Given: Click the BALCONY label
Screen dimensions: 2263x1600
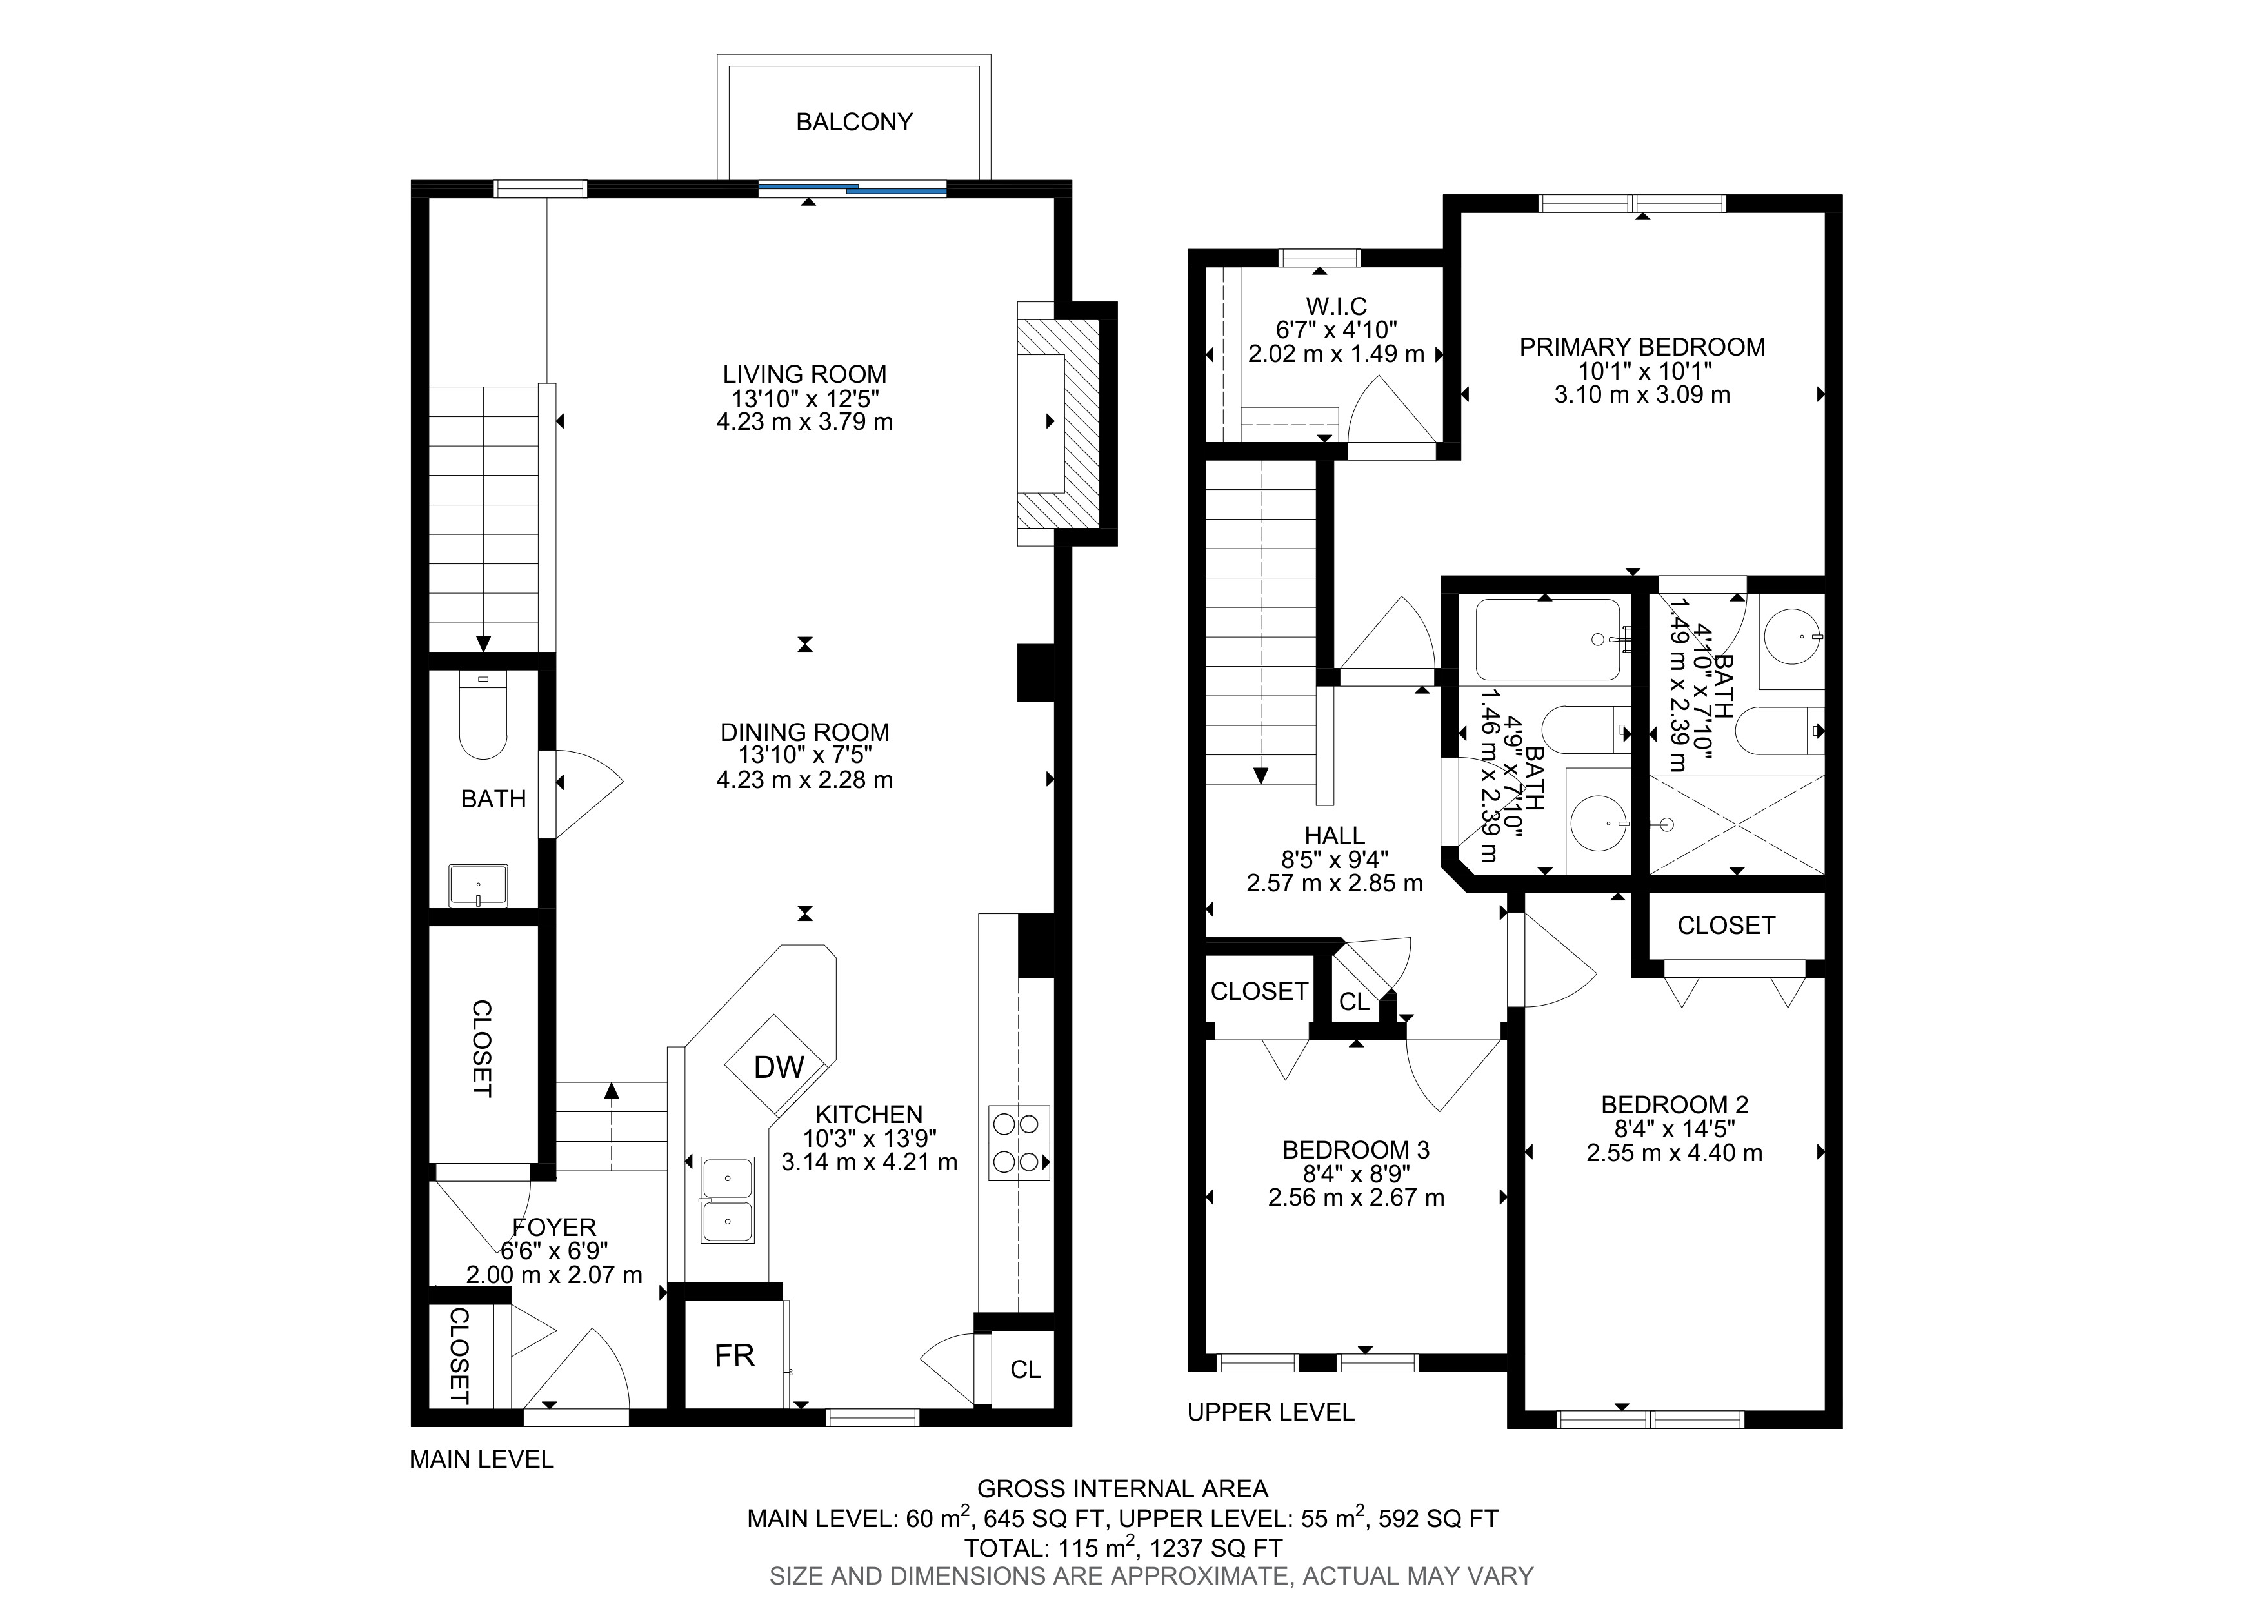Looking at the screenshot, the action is point(853,121).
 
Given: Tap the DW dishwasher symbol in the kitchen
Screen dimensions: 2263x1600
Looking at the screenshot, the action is point(779,1065).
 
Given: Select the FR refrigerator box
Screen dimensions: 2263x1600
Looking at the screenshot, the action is point(734,1355).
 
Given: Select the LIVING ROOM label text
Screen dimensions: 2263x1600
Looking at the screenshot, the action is point(804,374).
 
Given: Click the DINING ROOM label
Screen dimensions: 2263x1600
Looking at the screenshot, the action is point(804,733).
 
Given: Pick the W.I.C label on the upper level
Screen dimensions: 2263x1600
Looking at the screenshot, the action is point(1337,307).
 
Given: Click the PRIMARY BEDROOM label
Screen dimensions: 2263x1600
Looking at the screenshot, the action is point(1642,347).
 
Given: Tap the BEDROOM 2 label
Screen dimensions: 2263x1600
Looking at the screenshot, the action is point(1675,1105).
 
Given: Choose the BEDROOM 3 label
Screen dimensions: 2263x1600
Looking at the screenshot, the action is point(1356,1149).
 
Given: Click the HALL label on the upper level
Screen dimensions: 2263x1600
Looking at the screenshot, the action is point(1335,836).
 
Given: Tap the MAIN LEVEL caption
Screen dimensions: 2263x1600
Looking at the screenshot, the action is point(482,1459).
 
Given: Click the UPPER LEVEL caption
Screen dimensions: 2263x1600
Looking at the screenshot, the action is point(1270,1412).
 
